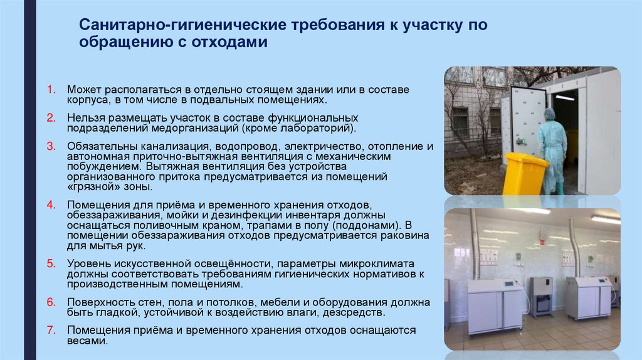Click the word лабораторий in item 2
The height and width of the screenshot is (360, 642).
[x=317, y=129]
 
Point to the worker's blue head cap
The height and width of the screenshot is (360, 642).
[x=550, y=114]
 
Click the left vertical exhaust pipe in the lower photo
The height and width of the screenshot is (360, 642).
[x=475, y=245]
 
